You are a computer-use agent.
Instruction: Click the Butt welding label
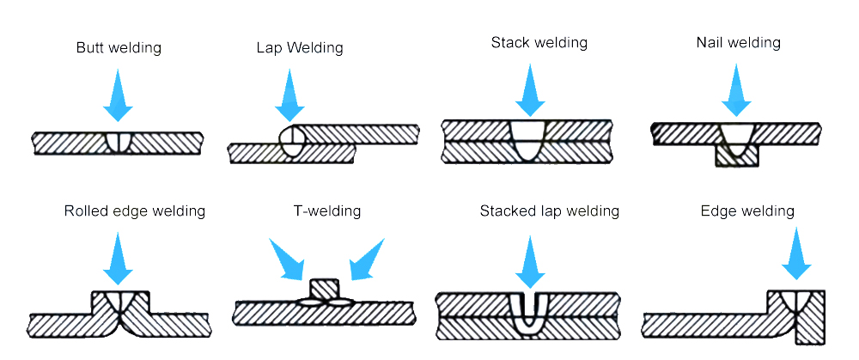[x=118, y=48]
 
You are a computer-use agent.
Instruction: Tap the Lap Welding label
[x=299, y=48]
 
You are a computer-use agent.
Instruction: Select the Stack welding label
[x=539, y=42]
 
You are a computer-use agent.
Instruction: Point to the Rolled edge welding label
[x=135, y=211]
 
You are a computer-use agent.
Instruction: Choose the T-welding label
[x=327, y=211]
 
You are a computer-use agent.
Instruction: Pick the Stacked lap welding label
[x=550, y=211]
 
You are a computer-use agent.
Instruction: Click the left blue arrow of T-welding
[x=287, y=259]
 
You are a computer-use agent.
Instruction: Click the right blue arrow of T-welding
[x=367, y=259]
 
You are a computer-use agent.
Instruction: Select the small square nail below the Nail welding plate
[x=736, y=156]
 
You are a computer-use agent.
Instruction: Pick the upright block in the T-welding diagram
[x=324, y=289]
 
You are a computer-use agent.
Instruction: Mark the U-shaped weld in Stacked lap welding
[x=527, y=314]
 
